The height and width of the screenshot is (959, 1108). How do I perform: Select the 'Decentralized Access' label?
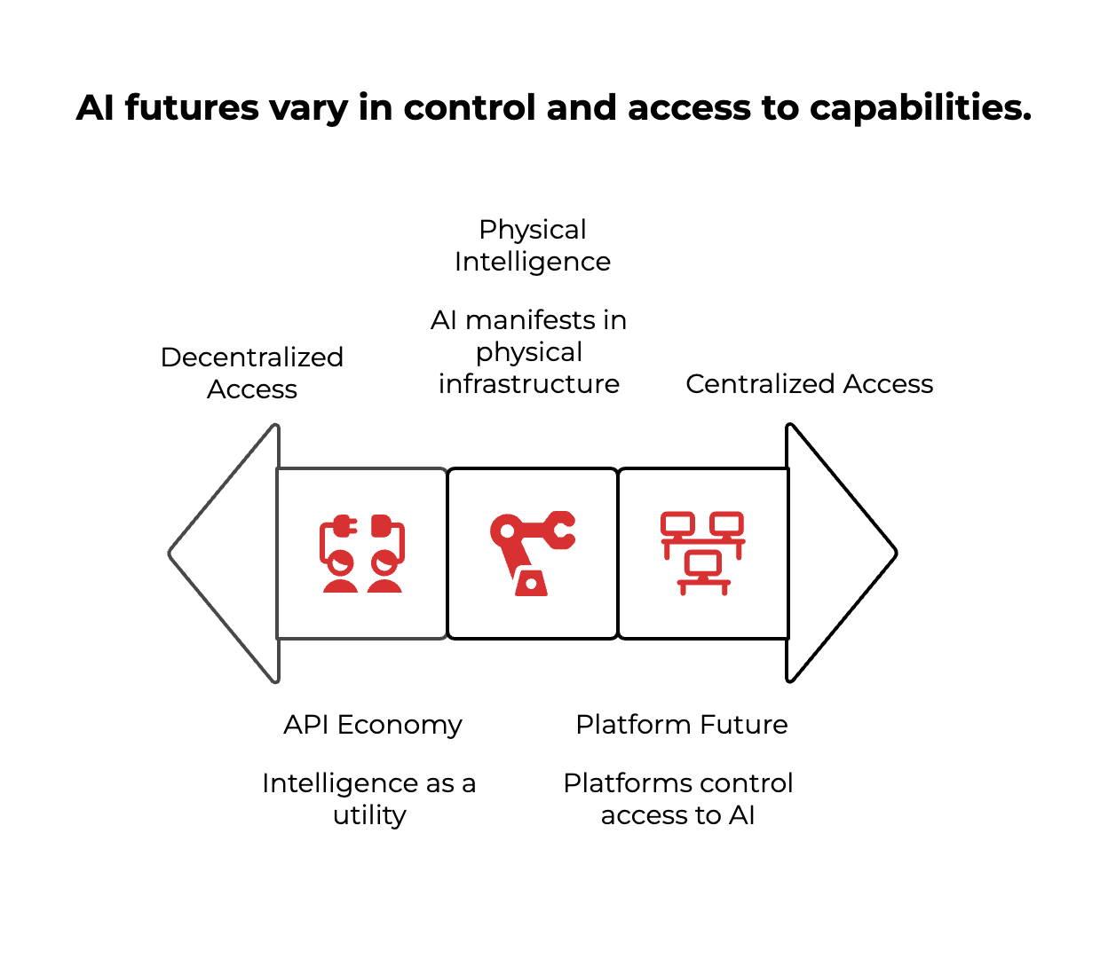coord(252,373)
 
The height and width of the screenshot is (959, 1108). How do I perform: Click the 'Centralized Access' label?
coord(809,384)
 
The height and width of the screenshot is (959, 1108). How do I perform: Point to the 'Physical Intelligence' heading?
coord(533,246)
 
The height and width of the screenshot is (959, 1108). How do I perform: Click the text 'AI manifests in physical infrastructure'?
coord(529,352)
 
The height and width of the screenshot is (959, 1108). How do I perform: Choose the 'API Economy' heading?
coord(373,725)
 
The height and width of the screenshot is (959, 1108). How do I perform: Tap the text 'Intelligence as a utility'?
coord(369,798)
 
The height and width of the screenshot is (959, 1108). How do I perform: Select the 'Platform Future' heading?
coord(682,725)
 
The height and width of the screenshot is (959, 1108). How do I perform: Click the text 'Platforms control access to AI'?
coord(678,798)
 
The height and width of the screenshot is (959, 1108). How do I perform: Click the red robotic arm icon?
coord(532,553)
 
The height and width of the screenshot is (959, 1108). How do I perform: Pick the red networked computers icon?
coord(703,553)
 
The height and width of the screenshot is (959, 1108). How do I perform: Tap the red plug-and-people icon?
coord(362,553)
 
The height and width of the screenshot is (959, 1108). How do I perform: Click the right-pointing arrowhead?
coord(839,553)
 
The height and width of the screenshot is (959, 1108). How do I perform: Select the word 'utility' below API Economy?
coord(369,815)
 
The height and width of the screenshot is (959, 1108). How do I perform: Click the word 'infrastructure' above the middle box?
coord(529,384)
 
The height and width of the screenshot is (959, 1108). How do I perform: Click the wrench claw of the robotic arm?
coord(561,530)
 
